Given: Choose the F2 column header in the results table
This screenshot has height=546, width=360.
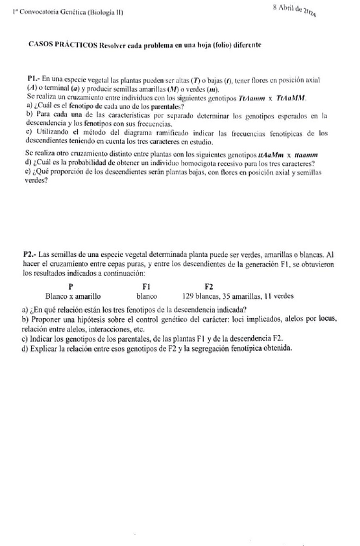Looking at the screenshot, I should (x=209, y=287).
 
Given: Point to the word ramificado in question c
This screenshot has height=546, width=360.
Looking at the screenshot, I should (x=151, y=133).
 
